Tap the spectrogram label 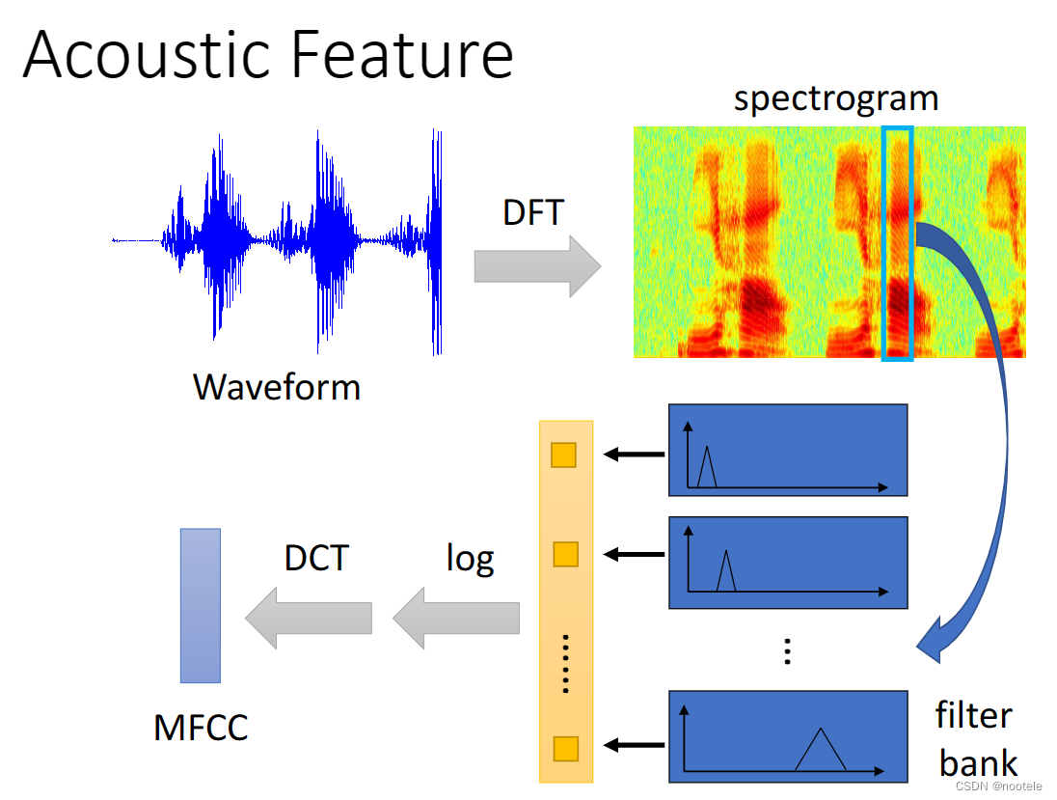[835, 98]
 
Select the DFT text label [532, 212]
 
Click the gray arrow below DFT [536, 265]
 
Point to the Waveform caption [277, 387]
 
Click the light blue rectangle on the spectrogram [897, 244]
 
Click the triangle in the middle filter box [726, 571]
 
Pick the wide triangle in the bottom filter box [821, 750]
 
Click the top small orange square [563, 455]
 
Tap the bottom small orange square [564, 748]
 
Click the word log [470, 558]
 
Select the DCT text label [316, 558]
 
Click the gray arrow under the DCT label [309, 618]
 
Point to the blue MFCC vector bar [200, 605]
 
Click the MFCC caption [201, 727]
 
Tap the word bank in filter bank [978, 763]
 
